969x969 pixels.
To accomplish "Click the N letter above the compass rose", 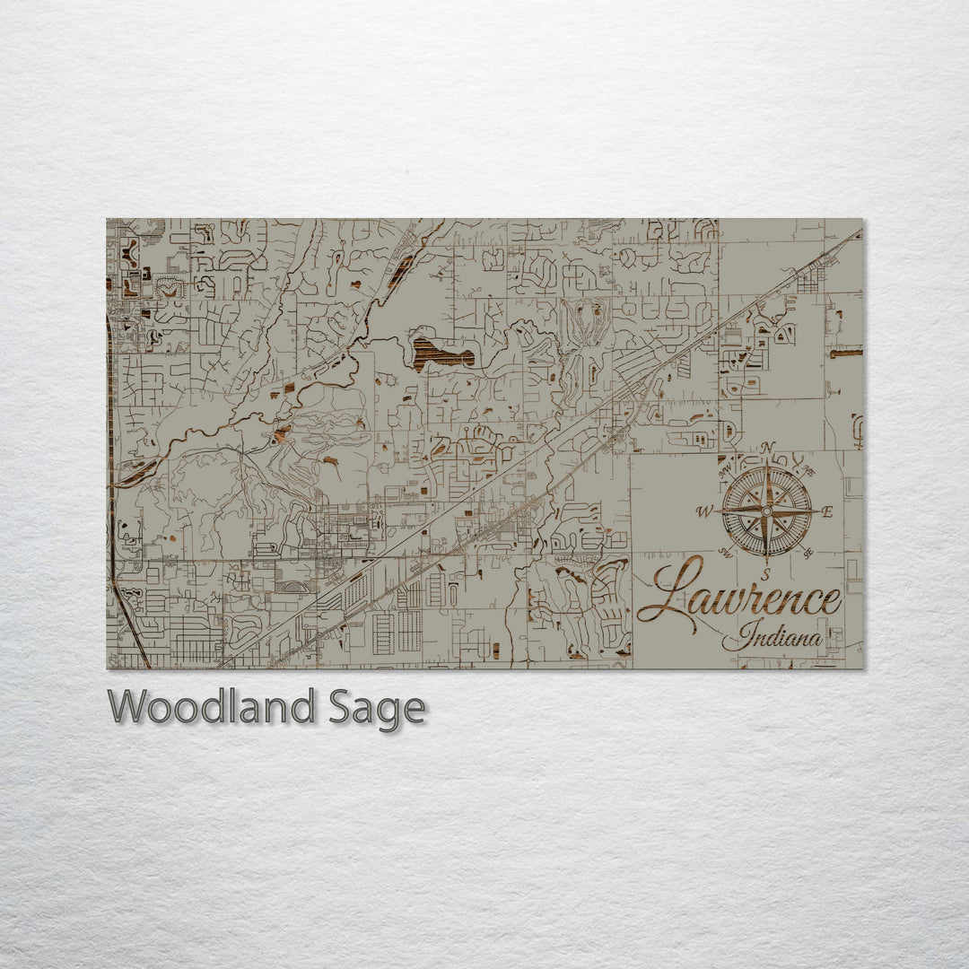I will click(x=767, y=448).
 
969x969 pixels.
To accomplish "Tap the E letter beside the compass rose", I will click(x=828, y=512).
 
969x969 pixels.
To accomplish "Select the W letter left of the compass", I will click(x=705, y=512).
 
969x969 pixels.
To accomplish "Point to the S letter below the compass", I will click(x=765, y=574).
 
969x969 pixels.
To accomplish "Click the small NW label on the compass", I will click(x=724, y=467).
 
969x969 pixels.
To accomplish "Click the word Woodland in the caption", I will click(x=212, y=708).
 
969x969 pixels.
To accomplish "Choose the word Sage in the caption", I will click(x=377, y=709).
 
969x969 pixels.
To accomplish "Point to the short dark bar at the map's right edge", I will click(x=845, y=354).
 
